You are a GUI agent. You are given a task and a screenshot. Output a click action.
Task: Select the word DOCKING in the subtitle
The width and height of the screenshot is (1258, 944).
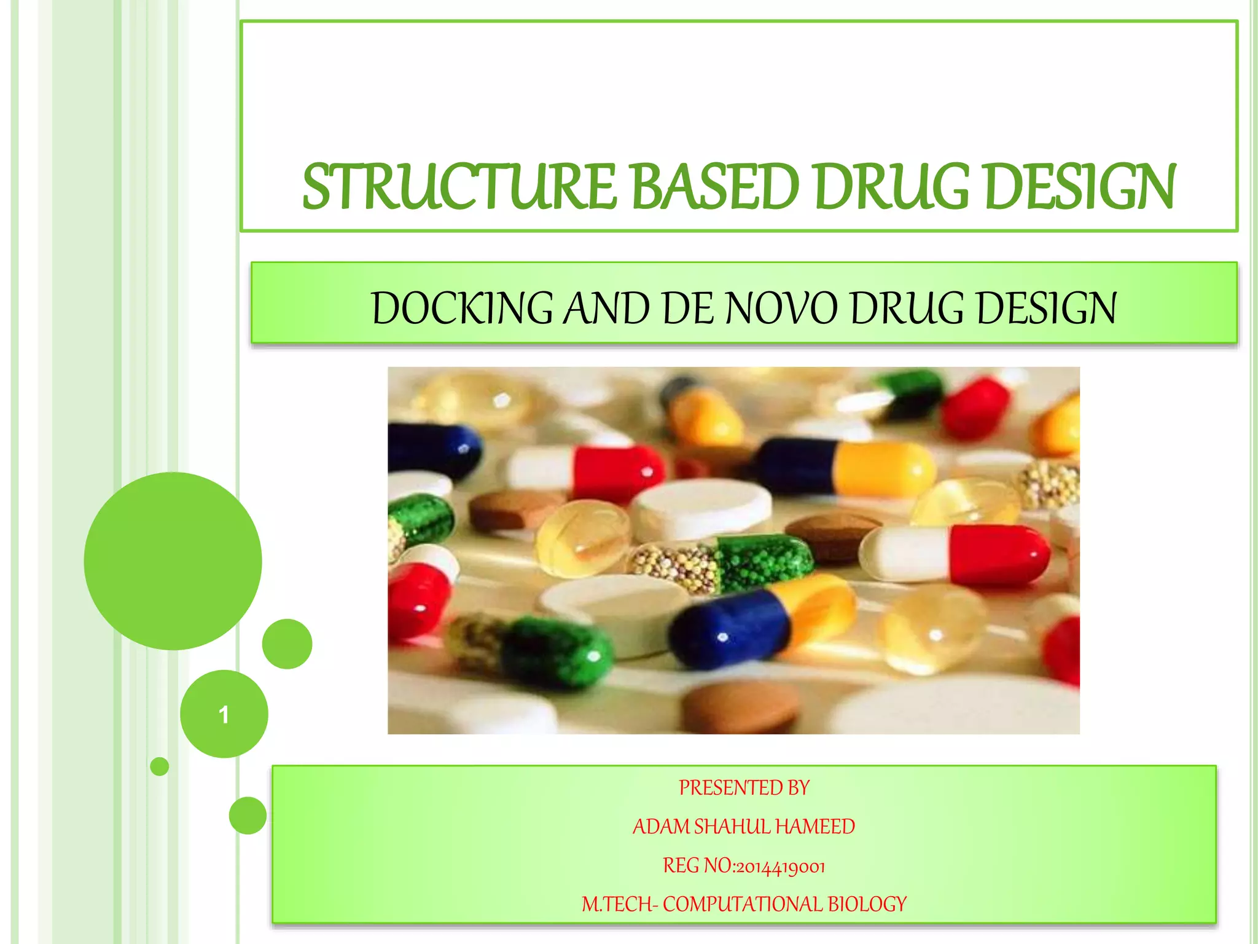click(462, 308)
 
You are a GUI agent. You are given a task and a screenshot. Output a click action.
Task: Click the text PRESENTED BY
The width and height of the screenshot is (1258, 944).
click(744, 788)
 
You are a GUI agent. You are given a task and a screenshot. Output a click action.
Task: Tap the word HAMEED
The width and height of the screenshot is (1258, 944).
click(815, 827)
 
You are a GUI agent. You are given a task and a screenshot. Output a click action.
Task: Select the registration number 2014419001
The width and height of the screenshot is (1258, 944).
click(780, 867)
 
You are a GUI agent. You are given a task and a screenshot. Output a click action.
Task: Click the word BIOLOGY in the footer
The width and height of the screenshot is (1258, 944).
click(867, 904)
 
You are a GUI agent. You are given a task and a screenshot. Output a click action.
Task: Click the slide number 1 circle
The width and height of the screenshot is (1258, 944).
click(224, 714)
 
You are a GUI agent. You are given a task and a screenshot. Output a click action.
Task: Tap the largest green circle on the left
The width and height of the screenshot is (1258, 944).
click(173, 560)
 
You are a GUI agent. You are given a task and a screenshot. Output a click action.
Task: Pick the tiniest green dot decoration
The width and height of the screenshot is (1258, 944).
click(160, 766)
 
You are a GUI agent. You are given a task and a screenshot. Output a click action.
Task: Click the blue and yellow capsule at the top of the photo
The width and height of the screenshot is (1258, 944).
click(848, 467)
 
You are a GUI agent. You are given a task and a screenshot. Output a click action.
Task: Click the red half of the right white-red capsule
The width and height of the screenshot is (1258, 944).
click(998, 555)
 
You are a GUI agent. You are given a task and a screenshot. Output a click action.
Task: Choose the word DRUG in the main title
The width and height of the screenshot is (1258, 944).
click(892, 187)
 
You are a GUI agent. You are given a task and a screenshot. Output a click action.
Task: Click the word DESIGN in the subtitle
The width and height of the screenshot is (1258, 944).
click(1046, 308)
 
